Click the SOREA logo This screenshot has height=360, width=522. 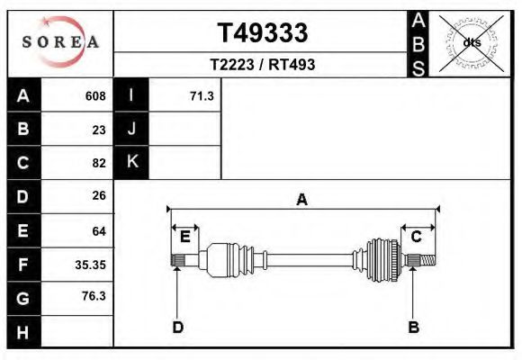(x=60, y=42)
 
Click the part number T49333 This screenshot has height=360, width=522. (x=262, y=33)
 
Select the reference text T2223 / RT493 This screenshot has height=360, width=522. (x=262, y=65)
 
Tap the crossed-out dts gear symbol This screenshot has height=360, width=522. (x=472, y=42)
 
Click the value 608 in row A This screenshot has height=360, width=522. (x=94, y=96)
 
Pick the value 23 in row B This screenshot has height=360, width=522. (x=98, y=130)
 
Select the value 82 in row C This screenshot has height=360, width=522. (x=98, y=163)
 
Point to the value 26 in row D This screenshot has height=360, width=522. (x=98, y=195)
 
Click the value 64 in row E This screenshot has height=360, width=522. (x=98, y=231)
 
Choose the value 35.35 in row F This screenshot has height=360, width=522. (x=90, y=265)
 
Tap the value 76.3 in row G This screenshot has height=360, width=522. (x=94, y=296)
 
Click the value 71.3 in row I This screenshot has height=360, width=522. (x=202, y=96)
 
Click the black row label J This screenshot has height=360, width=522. (x=131, y=129)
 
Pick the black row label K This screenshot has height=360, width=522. (x=131, y=162)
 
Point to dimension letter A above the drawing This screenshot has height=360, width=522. (x=302, y=200)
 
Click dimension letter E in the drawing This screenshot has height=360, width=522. (x=184, y=237)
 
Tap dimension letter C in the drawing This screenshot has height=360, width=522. (x=416, y=237)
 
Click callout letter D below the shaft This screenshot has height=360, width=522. (x=177, y=327)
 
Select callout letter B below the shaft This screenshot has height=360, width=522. (x=413, y=327)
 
